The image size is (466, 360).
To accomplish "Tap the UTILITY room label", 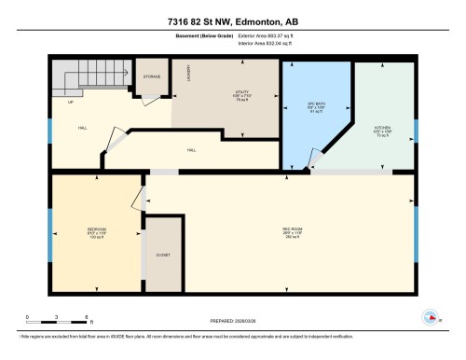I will (x=242, y=96).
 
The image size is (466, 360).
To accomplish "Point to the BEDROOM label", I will (x=96, y=232).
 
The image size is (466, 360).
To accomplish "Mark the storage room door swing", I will (x=166, y=93).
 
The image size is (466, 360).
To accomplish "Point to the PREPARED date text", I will (x=233, y=321).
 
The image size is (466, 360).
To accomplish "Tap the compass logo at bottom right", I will (x=431, y=317).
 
